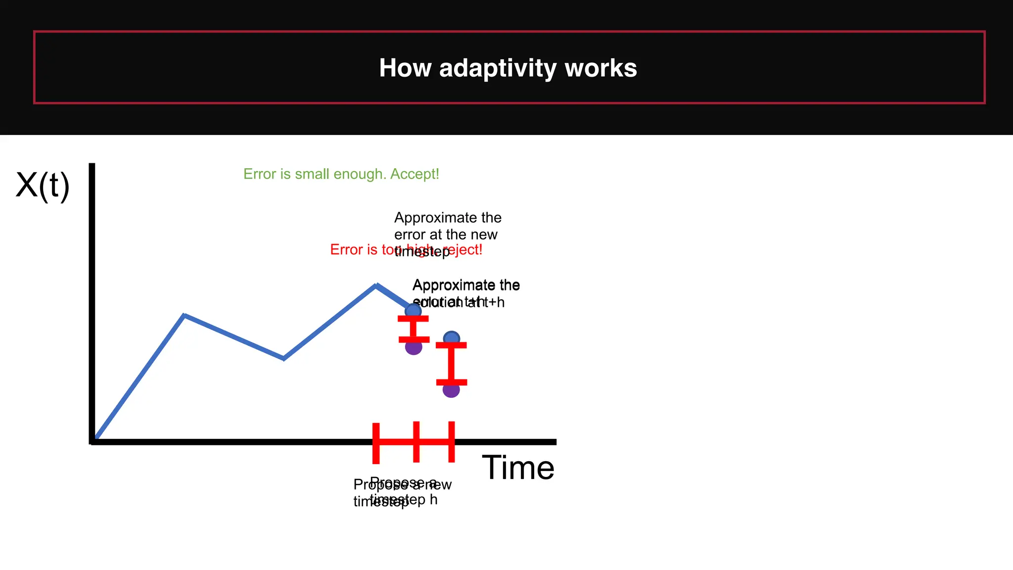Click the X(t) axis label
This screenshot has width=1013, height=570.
point(43,185)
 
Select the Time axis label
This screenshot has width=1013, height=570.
point(518,468)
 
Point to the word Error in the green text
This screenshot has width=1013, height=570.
point(259,174)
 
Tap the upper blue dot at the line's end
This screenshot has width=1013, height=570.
point(413,311)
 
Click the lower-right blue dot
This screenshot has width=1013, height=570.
point(452,338)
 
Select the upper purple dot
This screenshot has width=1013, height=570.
point(414,347)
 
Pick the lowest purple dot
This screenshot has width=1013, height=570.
point(451,390)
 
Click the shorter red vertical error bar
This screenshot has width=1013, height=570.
point(414,329)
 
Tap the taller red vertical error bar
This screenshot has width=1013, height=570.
point(451,364)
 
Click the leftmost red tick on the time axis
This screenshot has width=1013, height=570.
point(376,443)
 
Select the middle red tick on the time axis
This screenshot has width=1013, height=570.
point(416,442)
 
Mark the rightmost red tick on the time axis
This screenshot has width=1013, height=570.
point(452,442)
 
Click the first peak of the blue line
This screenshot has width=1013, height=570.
point(184,315)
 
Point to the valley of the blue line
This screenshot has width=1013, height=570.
point(283,358)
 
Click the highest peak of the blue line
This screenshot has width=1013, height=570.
point(376,285)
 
